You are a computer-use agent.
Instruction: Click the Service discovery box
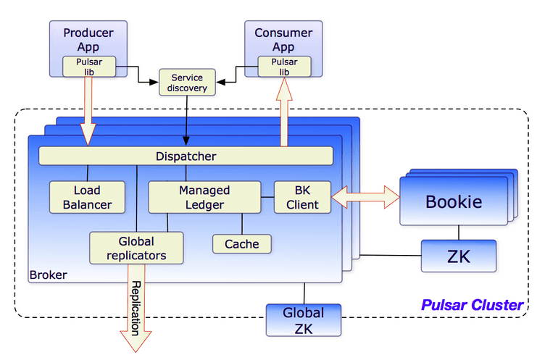[187, 83]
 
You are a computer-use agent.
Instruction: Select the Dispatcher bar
[186, 156]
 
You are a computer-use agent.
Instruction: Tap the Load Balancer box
[87, 197]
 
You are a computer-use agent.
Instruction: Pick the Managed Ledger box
[204, 197]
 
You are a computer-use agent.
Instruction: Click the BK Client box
[302, 197]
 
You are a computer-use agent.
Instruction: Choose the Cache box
[242, 244]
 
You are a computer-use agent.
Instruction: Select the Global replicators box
[136, 248]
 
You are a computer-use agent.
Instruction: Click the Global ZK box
[304, 320]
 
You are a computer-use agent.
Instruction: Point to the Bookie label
[454, 201]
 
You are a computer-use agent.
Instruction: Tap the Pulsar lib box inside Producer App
[89, 67]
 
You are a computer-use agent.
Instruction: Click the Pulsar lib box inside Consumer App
[284, 67]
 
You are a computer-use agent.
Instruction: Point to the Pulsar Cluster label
[472, 305]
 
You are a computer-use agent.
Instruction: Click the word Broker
[49, 275]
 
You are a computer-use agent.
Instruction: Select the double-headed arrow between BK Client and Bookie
[365, 197]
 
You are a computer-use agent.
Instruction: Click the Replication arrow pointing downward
[136, 309]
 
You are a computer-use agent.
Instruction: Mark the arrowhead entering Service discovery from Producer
[154, 83]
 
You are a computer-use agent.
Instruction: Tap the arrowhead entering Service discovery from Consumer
[221, 83]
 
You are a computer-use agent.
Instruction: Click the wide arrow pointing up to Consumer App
[284, 112]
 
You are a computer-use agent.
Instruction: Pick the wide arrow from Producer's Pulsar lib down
[88, 112]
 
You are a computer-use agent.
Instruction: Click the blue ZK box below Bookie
[459, 256]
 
